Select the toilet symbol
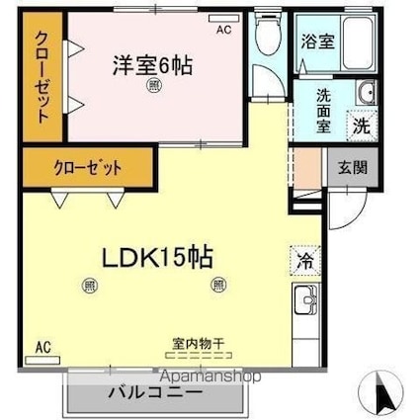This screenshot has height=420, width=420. [x=265, y=37]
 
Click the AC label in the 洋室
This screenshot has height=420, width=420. [x=224, y=30]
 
